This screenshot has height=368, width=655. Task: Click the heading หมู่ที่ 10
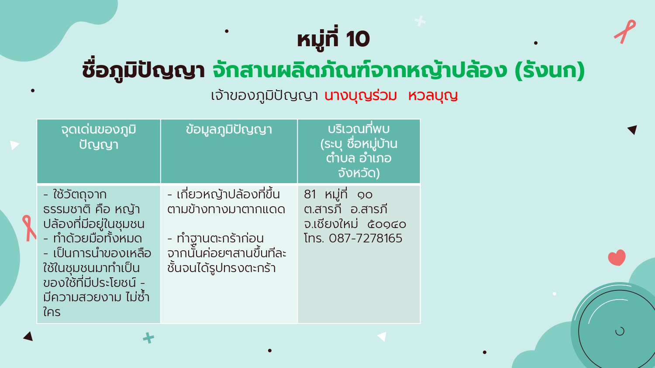pos(333,39)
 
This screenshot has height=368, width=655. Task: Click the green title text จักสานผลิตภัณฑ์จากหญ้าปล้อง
pos(360,71)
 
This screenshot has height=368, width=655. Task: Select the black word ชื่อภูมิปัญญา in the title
pos(143,71)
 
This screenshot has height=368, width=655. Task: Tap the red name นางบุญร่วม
pos(360,96)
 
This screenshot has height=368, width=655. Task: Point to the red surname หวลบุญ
pos(433,96)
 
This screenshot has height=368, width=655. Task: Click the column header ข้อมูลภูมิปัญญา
pos(229,129)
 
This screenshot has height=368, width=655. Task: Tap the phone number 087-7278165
pos(365,239)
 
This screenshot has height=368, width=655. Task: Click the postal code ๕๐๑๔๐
pos(386,224)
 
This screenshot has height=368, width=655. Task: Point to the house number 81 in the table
pos(310,194)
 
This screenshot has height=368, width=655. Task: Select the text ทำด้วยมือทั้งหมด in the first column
pos(97,239)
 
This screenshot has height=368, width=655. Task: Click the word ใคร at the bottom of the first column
pos(52,312)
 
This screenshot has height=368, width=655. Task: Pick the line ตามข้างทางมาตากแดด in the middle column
pos(226,209)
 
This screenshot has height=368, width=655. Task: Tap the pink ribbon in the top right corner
pos(625,31)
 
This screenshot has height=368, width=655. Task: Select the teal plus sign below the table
pos(148,338)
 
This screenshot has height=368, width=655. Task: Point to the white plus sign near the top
pos(420,21)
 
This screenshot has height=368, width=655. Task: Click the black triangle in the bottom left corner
pos(28,337)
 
